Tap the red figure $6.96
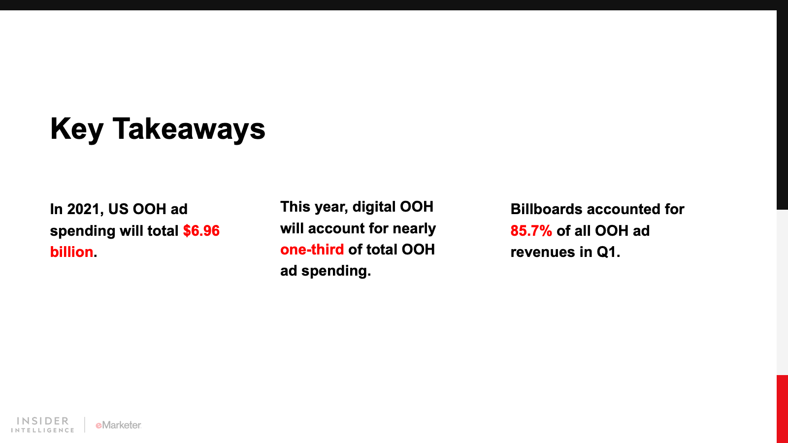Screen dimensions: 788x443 tap(201, 231)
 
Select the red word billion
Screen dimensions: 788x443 tap(72, 252)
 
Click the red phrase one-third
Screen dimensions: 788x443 tap(312, 250)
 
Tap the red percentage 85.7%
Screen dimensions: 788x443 tap(531, 231)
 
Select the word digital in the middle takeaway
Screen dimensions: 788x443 tap(374, 207)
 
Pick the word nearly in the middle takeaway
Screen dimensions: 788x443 tap(414, 229)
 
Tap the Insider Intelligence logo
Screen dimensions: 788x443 tap(42, 425)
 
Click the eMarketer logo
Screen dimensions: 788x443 tap(119, 425)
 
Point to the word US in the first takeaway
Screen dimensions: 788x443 tap(118, 209)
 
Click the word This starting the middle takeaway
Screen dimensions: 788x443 tap(295, 207)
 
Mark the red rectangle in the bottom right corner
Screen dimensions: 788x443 tap(783, 409)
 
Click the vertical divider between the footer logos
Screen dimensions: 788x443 tap(84, 425)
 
